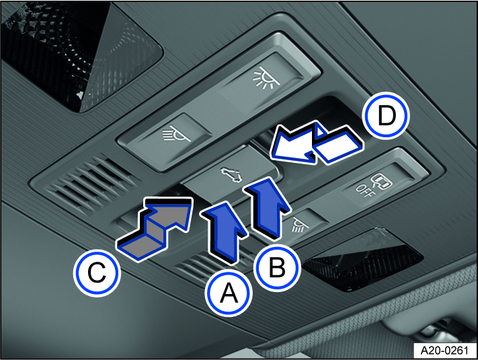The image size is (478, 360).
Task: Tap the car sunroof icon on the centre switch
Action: [230, 175]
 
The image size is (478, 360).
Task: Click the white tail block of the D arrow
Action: [338, 147]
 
